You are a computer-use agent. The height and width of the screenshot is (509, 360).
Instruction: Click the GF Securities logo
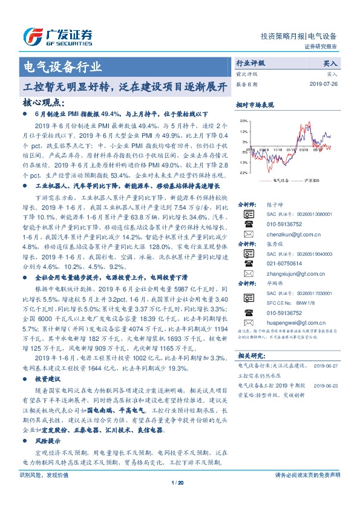coord(57,37)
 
